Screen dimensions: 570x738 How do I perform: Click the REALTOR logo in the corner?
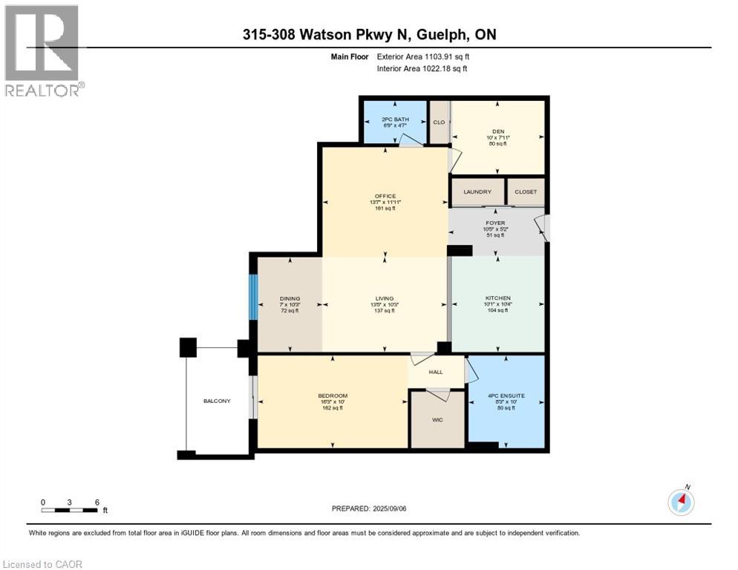click(x=43, y=50)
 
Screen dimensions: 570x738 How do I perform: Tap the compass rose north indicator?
click(x=681, y=502)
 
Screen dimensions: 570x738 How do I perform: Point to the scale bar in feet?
click(x=70, y=509)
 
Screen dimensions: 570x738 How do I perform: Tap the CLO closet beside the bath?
click(x=439, y=122)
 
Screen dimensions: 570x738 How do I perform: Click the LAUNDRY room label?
click(x=477, y=191)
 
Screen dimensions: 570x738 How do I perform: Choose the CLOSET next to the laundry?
click(x=525, y=191)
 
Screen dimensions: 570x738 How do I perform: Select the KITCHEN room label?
click(x=497, y=298)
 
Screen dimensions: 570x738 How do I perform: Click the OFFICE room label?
click(x=385, y=197)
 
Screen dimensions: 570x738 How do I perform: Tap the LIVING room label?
click(x=385, y=298)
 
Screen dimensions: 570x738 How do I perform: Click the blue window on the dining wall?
click(x=252, y=296)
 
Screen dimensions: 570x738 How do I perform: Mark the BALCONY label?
click(x=217, y=402)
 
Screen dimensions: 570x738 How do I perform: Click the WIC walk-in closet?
click(x=437, y=419)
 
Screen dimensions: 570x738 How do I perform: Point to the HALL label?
click(x=436, y=373)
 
